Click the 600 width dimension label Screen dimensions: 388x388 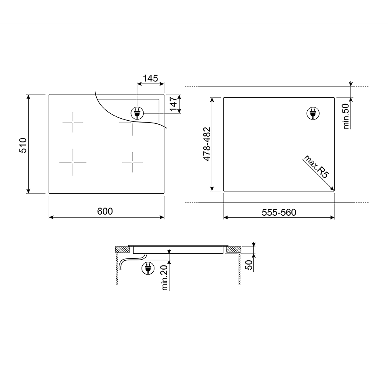pos(105,211)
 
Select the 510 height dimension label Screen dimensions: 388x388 pos(23,145)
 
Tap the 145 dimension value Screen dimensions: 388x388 pos(150,78)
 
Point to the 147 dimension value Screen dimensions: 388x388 pos(173,104)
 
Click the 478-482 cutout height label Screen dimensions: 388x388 pos(207,144)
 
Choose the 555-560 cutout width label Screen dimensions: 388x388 pos(279,213)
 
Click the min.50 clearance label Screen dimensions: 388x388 pos(346,116)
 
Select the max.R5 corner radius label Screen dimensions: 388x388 pos(317,166)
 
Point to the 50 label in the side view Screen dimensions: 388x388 pos(249,265)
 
